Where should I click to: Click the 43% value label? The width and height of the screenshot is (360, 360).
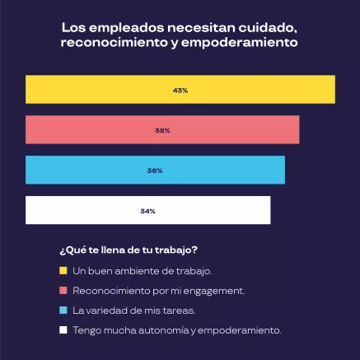coord(180,90)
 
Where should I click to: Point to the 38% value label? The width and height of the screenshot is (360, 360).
coord(162,130)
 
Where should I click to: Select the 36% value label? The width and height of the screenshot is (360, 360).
coord(155,171)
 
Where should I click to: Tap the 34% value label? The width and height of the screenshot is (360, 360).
coord(148,211)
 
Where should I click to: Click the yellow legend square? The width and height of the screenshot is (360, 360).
coord(63,270)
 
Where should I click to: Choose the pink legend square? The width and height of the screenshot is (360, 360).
coord(63,290)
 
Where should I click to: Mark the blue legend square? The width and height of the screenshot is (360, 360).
coord(63,310)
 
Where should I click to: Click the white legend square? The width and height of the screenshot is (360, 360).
coord(63,330)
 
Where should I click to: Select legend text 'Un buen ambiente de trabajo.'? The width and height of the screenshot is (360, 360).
coord(131,270)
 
